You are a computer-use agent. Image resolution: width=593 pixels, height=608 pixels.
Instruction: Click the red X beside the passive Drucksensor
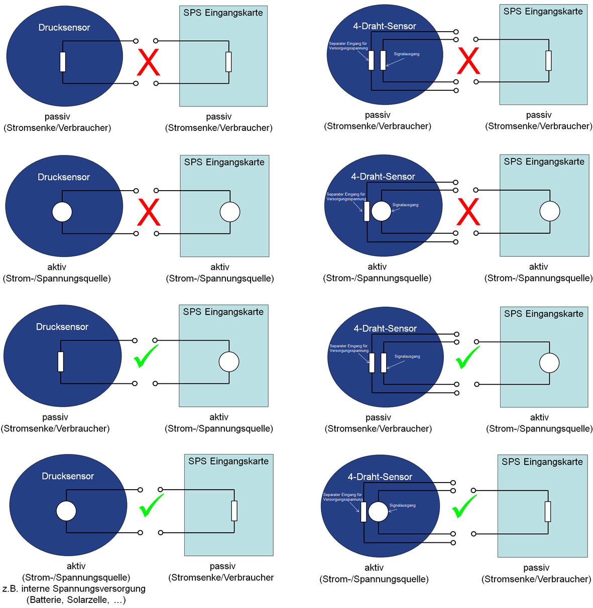coord(149,62)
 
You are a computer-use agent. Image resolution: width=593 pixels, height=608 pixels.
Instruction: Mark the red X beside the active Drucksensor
coord(149,212)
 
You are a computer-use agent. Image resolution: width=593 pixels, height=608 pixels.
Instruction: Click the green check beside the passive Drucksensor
coord(146,356)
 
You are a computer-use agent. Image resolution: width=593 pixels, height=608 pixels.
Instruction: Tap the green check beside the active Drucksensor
coord(151,505)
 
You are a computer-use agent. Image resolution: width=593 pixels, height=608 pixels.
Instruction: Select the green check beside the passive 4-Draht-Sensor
coord(467,357)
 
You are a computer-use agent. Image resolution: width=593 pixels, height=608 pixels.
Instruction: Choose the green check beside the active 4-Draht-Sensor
coord(464,507)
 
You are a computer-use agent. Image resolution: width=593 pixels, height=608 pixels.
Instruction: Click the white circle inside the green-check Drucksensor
coord(66,511)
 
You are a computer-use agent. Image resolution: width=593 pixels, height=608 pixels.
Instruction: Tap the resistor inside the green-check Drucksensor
coord(61,362)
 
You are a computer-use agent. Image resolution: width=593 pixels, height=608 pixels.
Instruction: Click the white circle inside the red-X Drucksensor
coord(62,212)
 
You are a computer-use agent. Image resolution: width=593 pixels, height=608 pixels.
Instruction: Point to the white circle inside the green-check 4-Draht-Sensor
coord(379,512)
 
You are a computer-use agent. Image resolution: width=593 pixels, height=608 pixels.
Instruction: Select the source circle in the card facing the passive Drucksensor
coord(229,362)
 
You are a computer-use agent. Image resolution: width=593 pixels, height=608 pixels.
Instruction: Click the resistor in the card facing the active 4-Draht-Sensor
coord(548,512)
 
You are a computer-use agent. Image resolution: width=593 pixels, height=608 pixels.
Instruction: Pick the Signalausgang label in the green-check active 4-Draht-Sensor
coord(403,505)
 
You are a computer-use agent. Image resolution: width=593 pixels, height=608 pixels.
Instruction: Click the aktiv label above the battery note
coord(76,566)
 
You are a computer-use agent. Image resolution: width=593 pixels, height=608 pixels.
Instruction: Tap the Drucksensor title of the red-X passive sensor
coord(64,28)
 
